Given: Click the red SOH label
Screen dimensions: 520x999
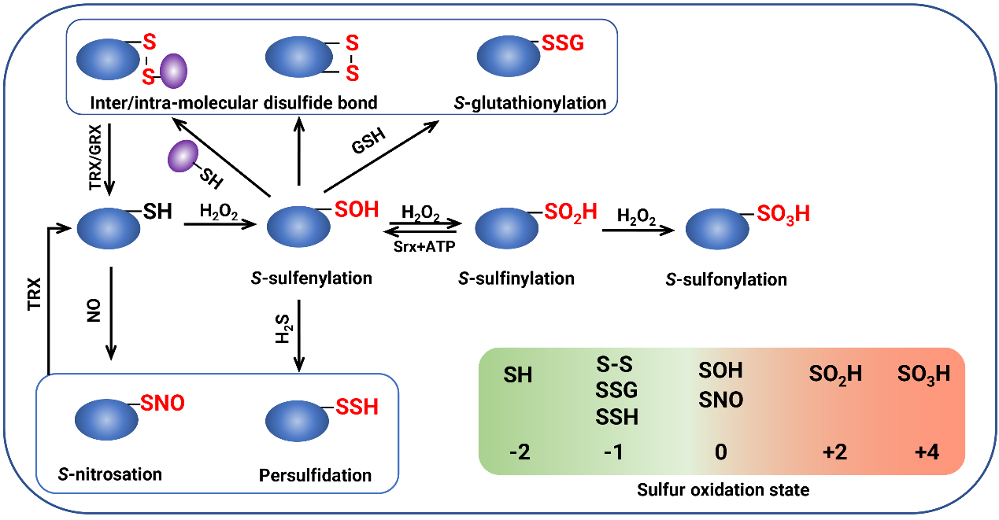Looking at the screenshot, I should (x=357, y=210).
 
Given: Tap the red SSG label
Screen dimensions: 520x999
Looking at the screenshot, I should (x=563, y=43).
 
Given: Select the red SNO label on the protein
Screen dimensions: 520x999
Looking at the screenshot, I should (x=162, y=404).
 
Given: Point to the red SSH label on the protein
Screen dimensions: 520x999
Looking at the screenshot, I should (x=357, y=407).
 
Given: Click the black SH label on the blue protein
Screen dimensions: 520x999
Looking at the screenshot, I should (x=157, y=211).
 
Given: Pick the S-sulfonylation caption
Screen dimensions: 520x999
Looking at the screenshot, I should (x=726, y=279).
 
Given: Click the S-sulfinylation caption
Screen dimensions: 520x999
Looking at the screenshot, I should (x=516, y=278).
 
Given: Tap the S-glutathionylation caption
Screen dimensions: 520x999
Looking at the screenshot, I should (x=530, y=102).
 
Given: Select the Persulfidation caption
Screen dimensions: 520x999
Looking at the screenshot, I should (x=315, y=475).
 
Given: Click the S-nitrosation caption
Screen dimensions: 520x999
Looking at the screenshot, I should (x=110, y=474).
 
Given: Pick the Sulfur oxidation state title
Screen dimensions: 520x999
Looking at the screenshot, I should (x=721, y=491).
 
